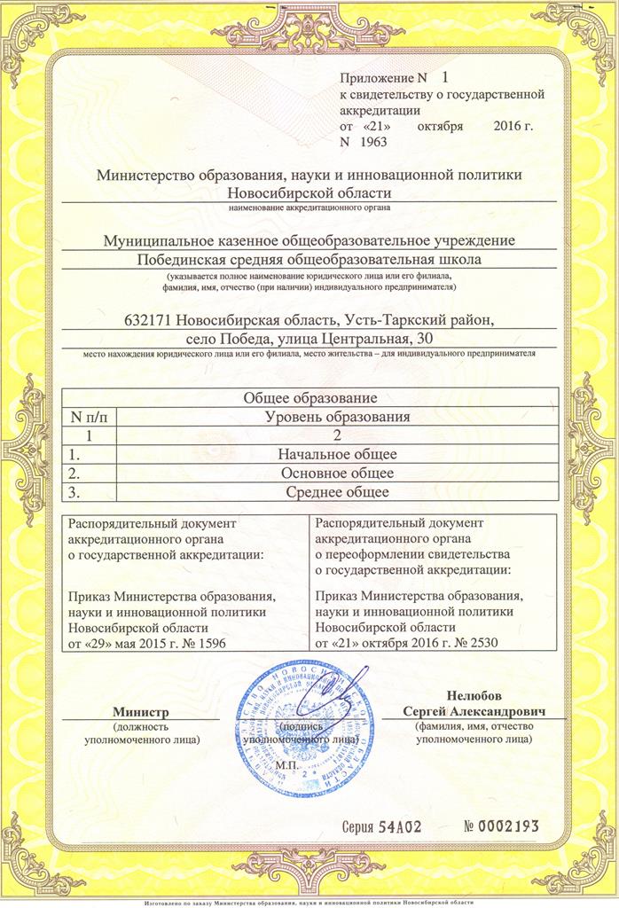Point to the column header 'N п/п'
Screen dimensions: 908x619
[89, 416]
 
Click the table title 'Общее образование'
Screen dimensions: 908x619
[311, 397]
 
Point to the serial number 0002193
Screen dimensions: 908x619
[501, 826]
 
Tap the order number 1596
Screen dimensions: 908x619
[199, 642]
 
